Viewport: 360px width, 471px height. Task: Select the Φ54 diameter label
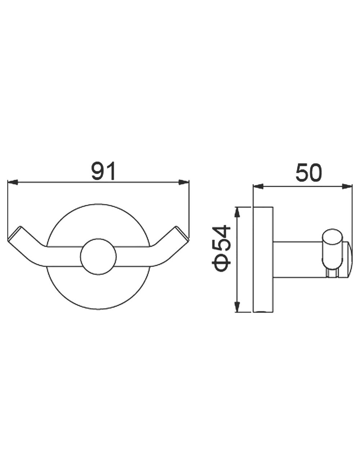[221, 248]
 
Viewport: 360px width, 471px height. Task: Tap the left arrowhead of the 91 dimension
[13, 182]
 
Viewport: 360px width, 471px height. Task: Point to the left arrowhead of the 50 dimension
[258, 186]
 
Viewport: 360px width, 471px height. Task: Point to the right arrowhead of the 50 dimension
[347, 186]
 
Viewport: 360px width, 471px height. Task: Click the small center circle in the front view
[98, 257]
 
